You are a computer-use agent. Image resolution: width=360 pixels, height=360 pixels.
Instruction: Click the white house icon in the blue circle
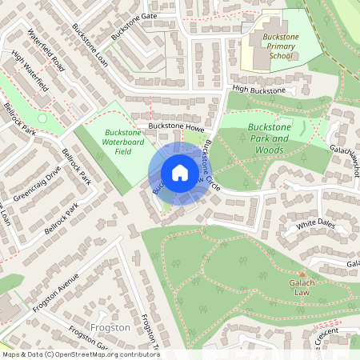coord(179,172)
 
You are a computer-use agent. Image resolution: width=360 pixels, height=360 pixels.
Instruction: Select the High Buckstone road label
coord(259,90)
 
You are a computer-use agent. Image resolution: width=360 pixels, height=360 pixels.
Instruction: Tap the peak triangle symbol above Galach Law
coord(302,273)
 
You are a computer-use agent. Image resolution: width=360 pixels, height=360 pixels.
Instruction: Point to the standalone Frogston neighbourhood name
coord(111,328)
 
